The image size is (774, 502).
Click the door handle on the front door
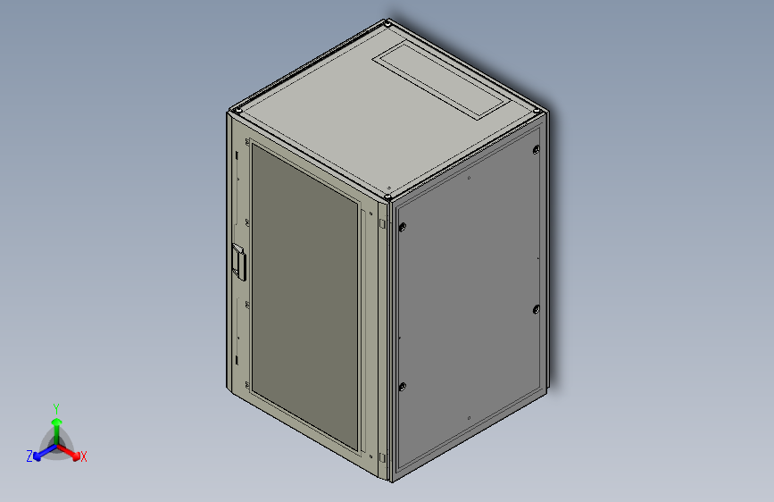pos(239,262)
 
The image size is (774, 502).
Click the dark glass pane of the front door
pos(304,297)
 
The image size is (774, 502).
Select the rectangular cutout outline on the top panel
pos(441,80)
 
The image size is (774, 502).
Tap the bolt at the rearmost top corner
pos(387,22)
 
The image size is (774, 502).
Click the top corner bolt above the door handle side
pos(238,110)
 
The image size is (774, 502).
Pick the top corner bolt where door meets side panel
pos(388,197)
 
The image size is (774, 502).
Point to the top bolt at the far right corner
pos(537,111)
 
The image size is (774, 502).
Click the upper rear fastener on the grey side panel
pos(537,149)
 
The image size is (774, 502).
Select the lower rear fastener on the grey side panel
pos(537,310)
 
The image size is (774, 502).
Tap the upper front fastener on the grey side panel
pos(403,227)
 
